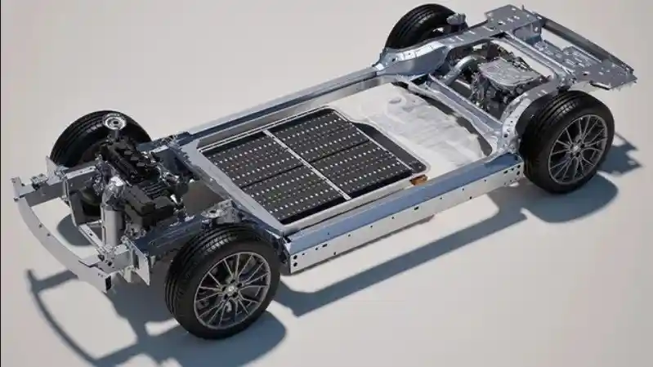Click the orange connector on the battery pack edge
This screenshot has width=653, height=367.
click(x=418, y=179)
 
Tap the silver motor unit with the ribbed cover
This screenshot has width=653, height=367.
click(x=507, y=78)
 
